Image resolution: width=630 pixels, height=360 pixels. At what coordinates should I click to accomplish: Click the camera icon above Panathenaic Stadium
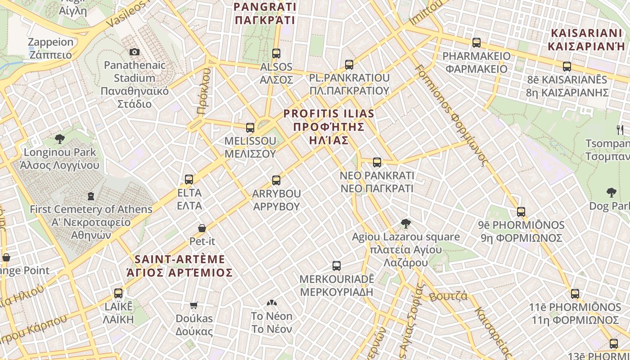134,52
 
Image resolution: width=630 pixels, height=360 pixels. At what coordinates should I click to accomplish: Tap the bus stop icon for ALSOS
276,54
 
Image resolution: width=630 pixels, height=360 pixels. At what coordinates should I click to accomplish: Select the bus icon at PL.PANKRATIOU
349,65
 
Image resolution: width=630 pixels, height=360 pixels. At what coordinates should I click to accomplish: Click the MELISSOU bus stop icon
250,128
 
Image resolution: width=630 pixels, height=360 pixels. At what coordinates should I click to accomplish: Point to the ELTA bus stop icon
189,180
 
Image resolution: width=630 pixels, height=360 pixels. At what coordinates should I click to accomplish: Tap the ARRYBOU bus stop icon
276,180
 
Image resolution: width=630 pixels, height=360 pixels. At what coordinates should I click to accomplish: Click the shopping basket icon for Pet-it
202,228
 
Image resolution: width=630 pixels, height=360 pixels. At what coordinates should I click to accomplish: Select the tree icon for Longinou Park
59,139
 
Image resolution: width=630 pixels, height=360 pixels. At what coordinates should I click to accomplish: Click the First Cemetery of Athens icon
91,196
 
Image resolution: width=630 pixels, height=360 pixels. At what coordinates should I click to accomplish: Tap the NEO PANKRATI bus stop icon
377,162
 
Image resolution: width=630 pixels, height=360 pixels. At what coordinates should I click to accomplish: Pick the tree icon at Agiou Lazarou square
406,223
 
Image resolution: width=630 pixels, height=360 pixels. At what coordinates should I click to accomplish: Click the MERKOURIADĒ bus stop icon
337,266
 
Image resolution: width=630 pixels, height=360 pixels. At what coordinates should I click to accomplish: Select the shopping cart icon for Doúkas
194,306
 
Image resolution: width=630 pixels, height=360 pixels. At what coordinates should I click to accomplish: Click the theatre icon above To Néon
271,303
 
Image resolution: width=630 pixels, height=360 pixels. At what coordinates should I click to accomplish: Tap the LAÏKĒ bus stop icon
118,293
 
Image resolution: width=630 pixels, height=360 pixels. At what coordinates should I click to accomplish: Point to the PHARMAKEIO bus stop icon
477,43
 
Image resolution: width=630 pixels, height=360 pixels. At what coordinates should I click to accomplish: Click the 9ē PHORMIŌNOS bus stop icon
521,211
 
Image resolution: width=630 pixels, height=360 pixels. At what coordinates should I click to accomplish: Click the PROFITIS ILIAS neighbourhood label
328,126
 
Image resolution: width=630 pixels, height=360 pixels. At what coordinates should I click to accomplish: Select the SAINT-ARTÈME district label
180,266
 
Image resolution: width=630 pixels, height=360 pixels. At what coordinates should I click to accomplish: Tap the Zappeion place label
50,48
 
